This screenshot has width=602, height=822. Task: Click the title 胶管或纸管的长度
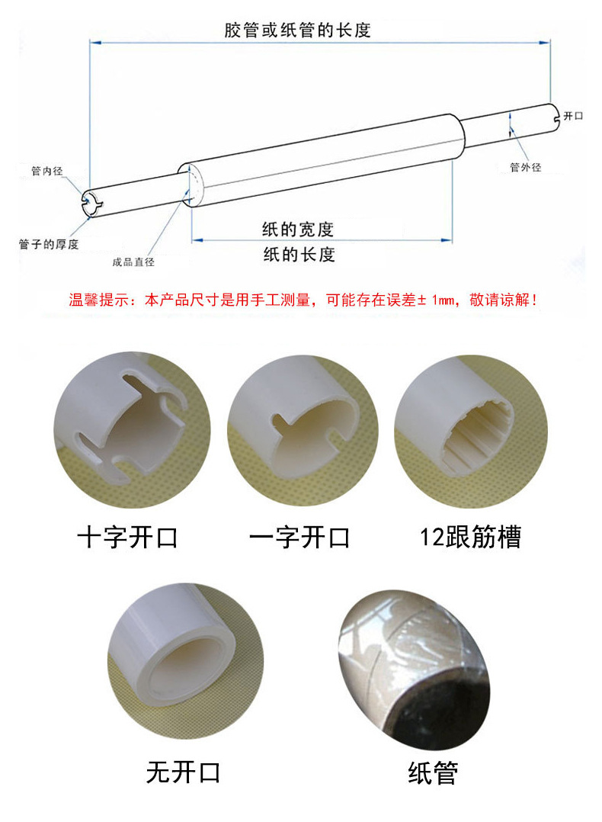pos(297,30)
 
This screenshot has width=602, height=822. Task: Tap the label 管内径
pos(46,171)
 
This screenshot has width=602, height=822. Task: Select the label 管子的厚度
pos(48,244)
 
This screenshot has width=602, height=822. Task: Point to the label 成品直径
pos(133,262)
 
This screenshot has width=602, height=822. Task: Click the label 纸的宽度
pos(298,229)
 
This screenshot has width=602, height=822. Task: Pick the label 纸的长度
pos(299,255)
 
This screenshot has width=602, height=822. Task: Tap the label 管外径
pos(526,167)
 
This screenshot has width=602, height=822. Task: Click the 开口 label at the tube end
pos(573,116)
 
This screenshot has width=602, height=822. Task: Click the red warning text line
pos(303,300)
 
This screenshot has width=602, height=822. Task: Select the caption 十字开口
pos(127,538)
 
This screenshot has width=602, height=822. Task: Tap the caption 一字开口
pos(299,538)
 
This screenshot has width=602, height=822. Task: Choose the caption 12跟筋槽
pos(470,537)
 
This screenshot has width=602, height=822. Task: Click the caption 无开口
pos(184,772)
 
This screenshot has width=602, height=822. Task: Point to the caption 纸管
pos(433,772)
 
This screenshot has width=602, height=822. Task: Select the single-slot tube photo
pos(303,430)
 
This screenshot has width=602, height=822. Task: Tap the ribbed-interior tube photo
pos(471,432)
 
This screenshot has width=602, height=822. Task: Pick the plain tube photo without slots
pos(185,661)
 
